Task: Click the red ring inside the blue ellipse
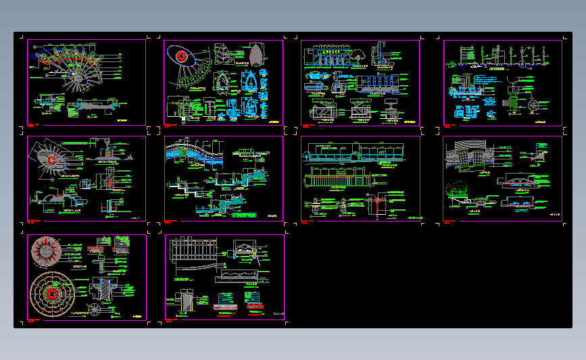point(181,56)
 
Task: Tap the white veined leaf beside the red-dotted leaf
point(222,54)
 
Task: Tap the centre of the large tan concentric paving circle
point(51,294)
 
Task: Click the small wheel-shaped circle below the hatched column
point(96,310)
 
